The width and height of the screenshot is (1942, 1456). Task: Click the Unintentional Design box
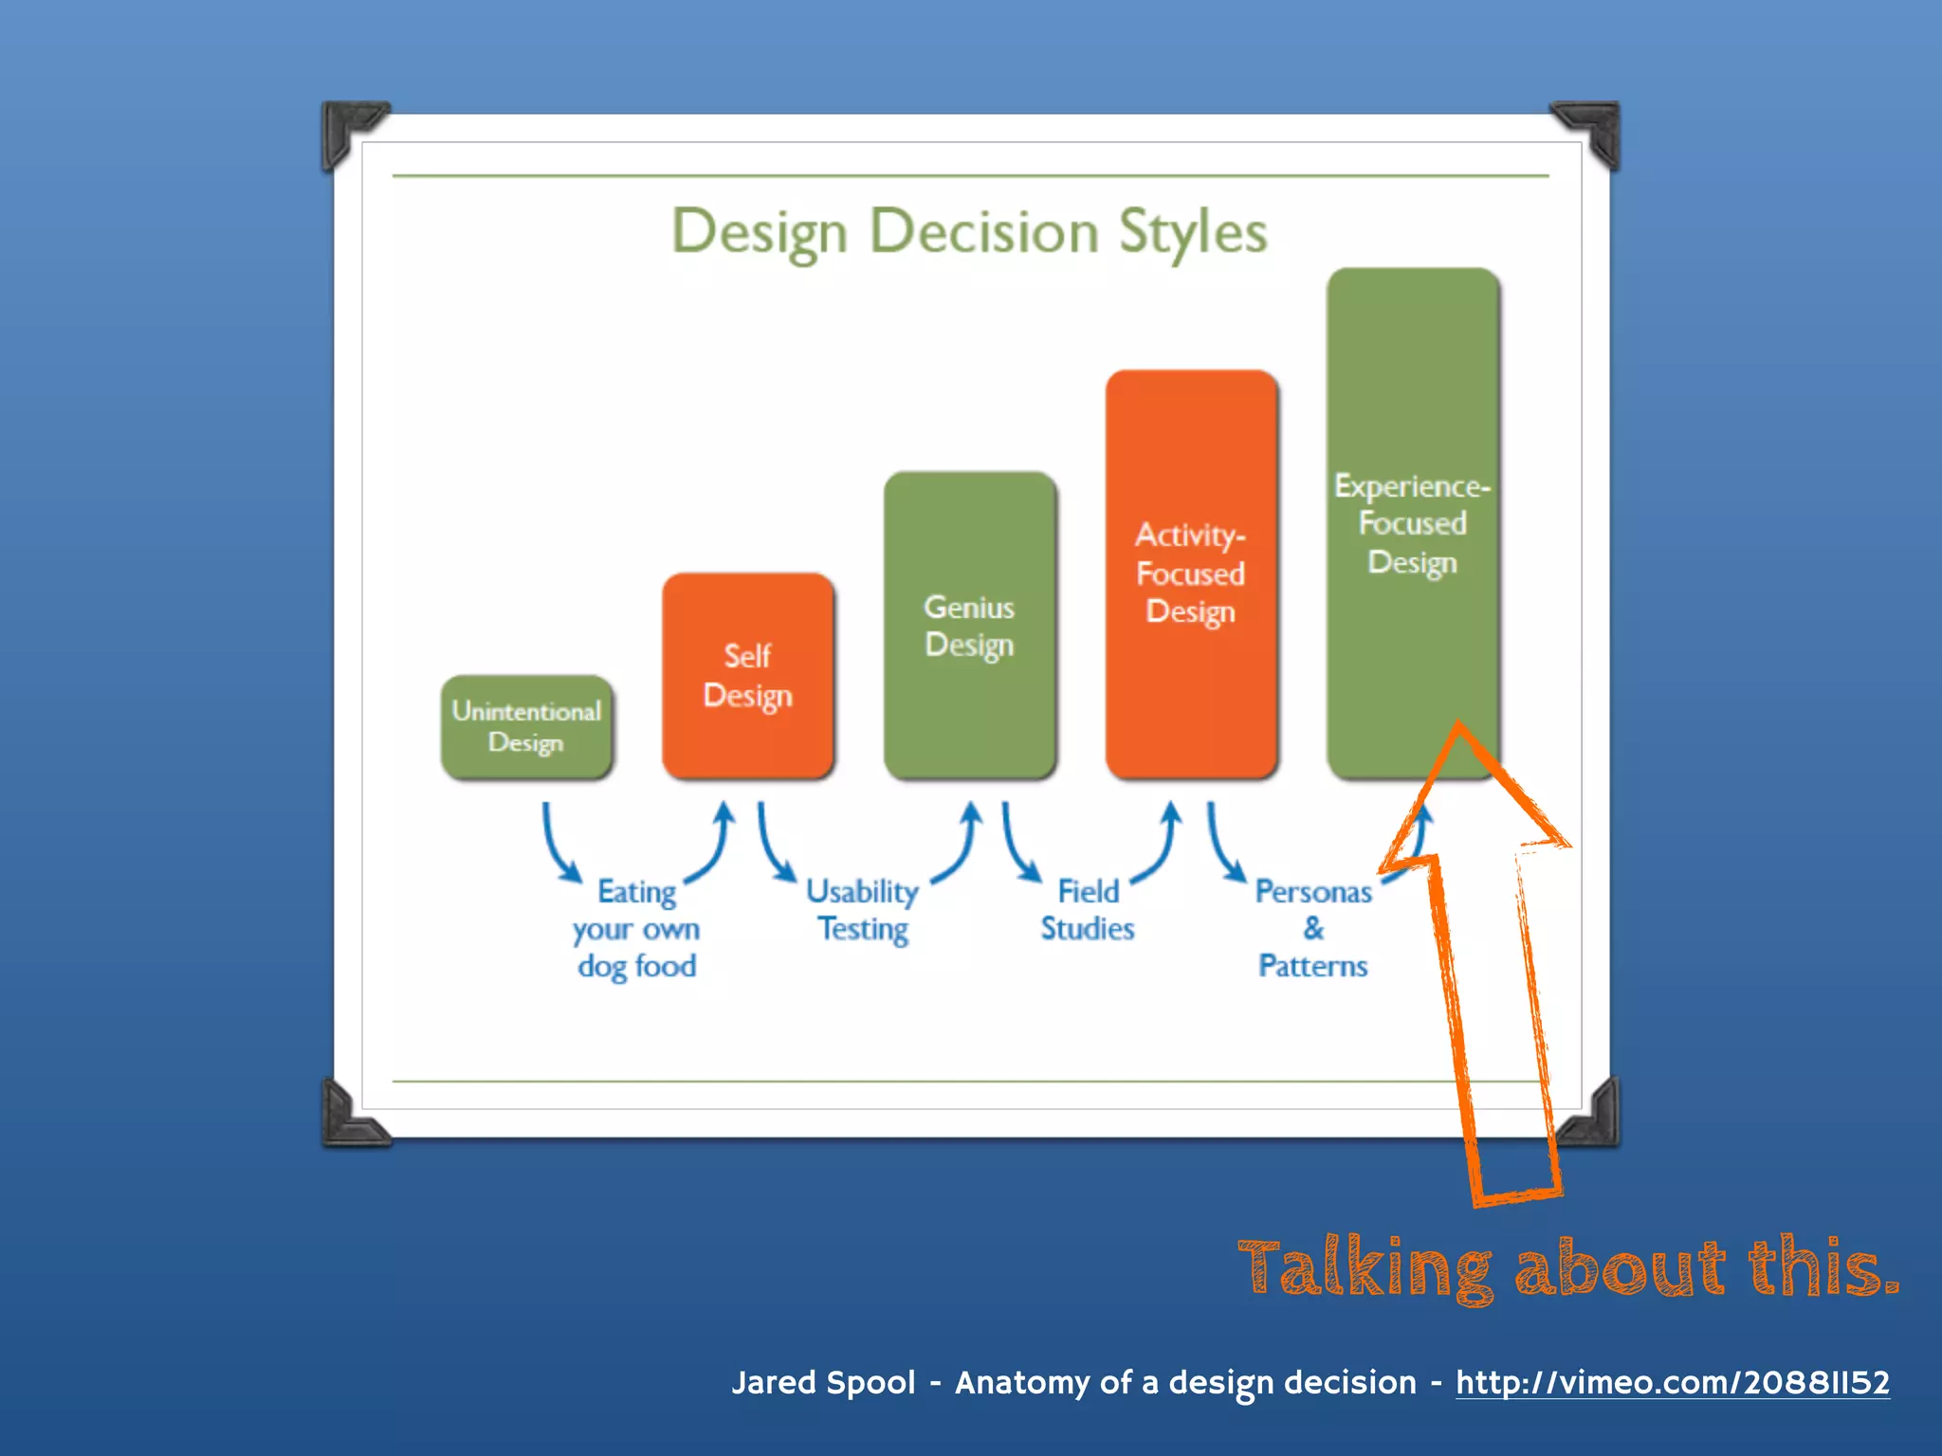pyautogui.click(x=526, y=727)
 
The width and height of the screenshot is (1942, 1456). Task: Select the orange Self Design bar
pyautogui.click(x=747, y=675)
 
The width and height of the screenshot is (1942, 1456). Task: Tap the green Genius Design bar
pyautogui.click(x=969, y=626)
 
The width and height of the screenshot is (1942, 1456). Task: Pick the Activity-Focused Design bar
pyautogui.click(x=1191, y=573)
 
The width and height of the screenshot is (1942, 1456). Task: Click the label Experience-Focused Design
pyautogui.click(x=1412, y=523)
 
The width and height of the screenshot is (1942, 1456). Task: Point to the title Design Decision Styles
pyautogui.click(x=969, y=231)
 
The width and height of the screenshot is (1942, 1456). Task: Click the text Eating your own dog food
pyautogui.click(x=636, y=929)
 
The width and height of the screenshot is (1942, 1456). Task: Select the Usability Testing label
pyautogui.click(x=863, y=910)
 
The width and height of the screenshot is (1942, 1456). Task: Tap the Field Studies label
pyautogui.click(x=1088, y=910)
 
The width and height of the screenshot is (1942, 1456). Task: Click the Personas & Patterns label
pyautogui.click(x=1313, y=929)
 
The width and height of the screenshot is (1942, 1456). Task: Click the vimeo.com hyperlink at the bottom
pyautogui.click(x=1672, y=1382)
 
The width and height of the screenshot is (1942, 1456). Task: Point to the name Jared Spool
pyautogui.click(x=823, y=1382)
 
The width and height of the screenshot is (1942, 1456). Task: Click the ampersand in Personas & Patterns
pyautogui.click(x=1313, y=928)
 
